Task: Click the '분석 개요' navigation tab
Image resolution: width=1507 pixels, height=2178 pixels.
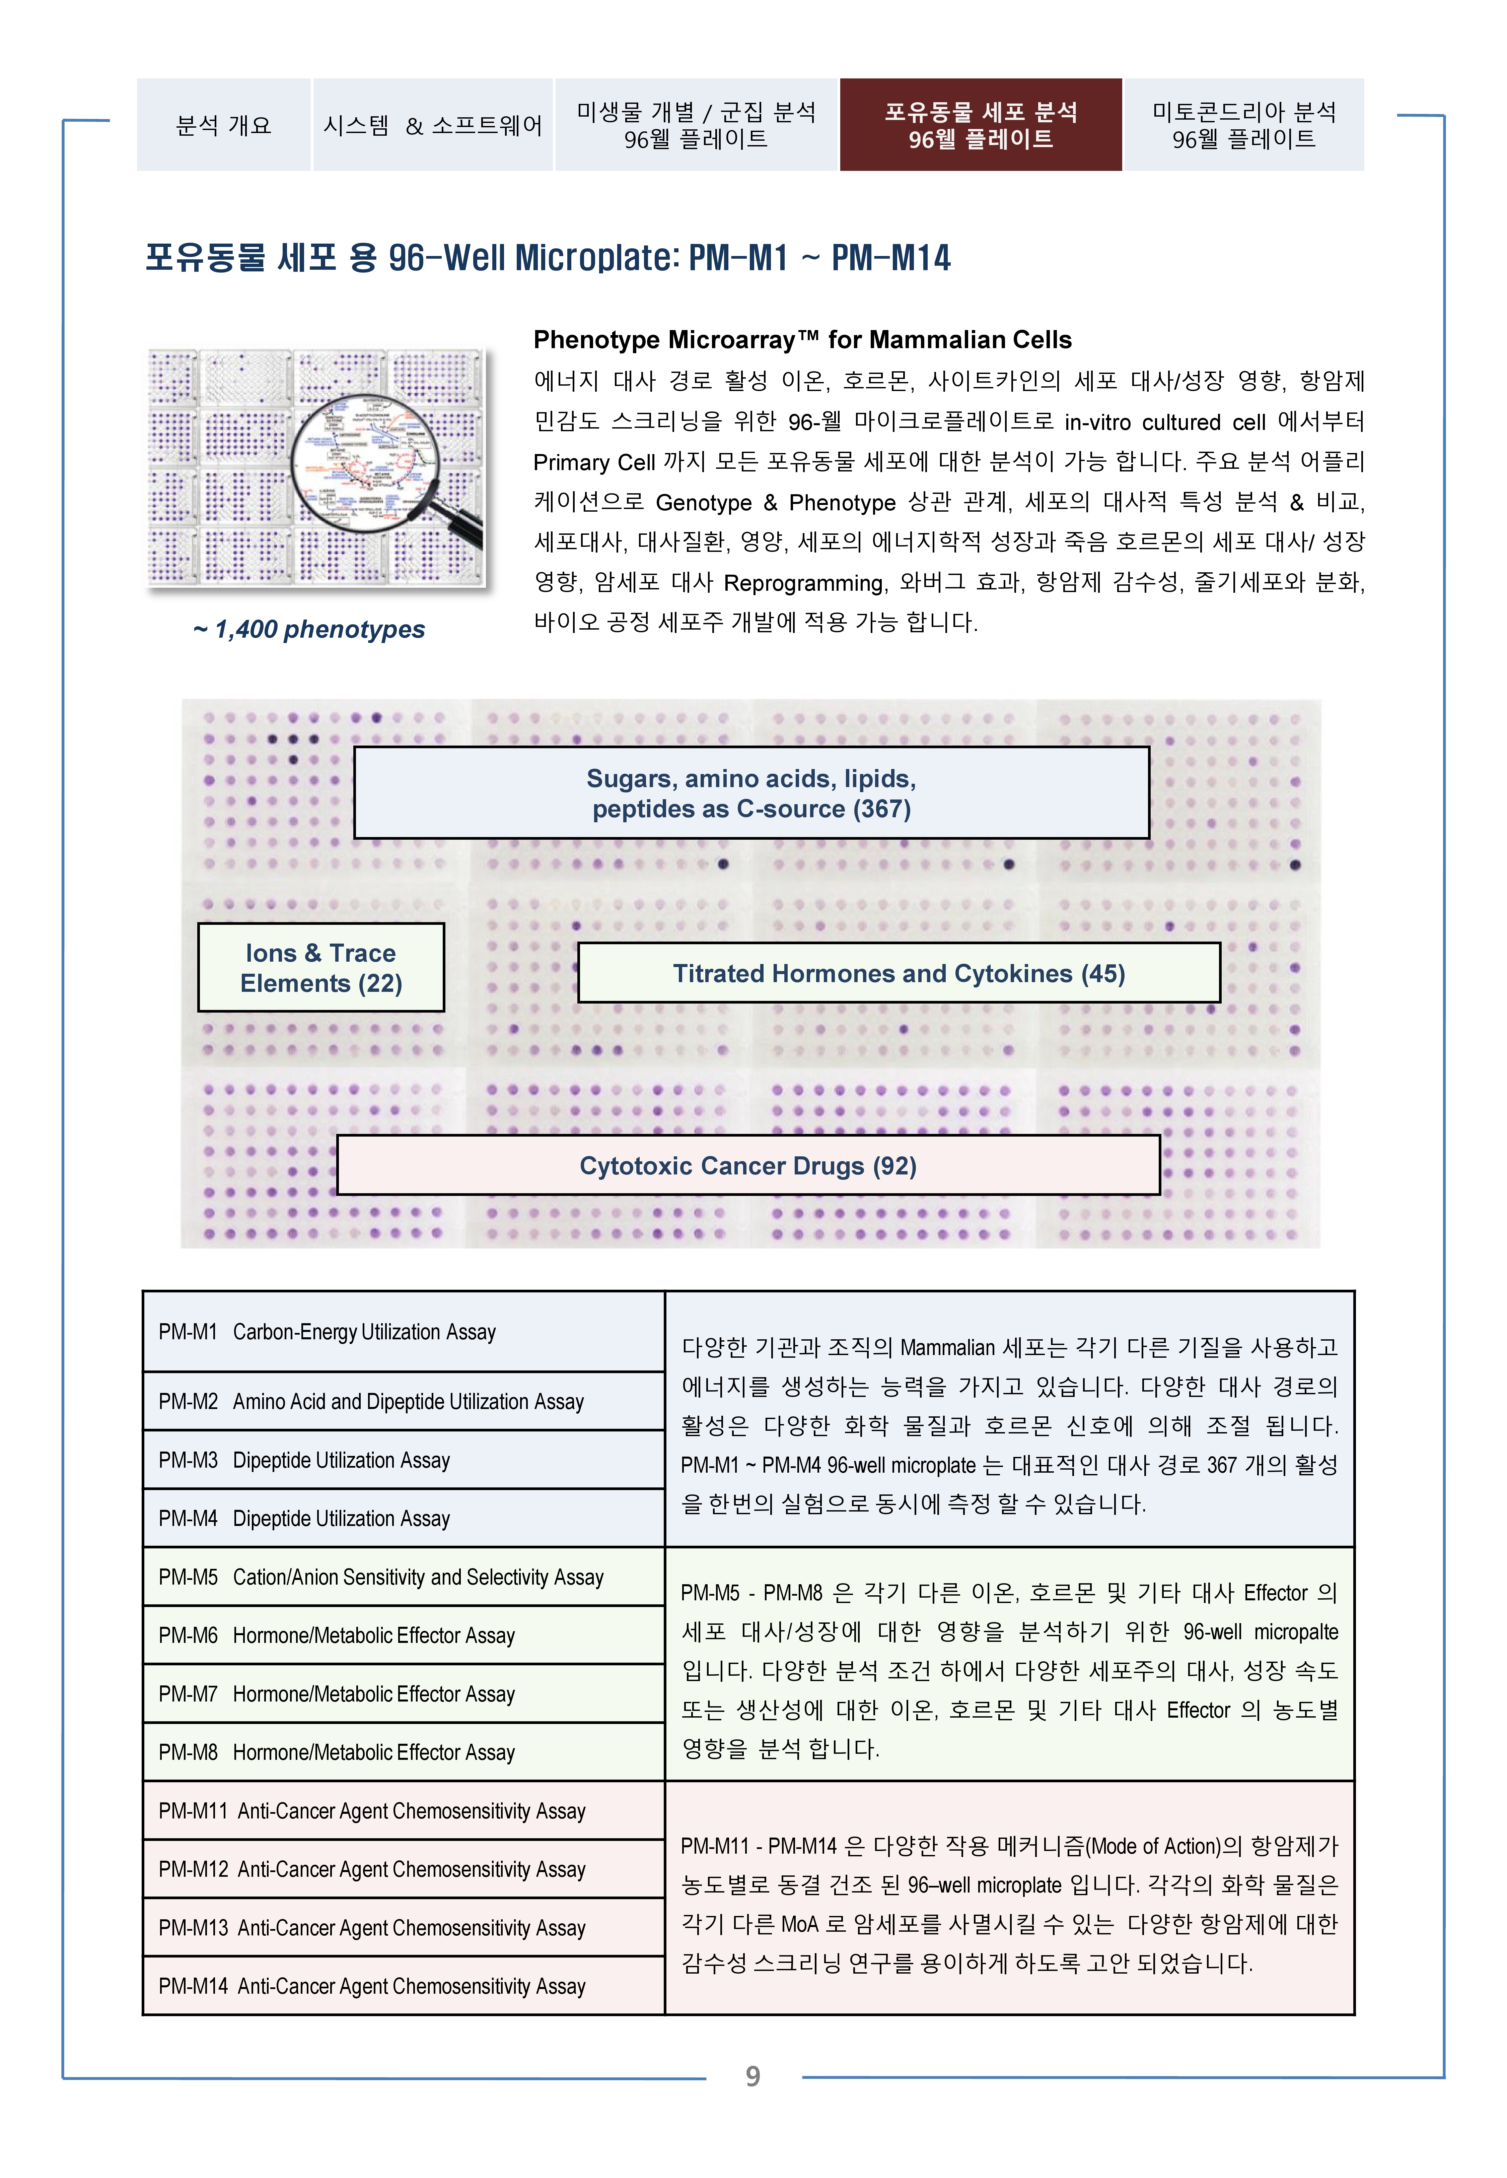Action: pyautogui.click(x=224, y=126)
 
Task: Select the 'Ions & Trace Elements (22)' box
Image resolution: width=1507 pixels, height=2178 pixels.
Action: pyautogui.click(x=321, y=968)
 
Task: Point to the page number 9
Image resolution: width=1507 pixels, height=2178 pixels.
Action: pyautogui.click(x=752, y=2076)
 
